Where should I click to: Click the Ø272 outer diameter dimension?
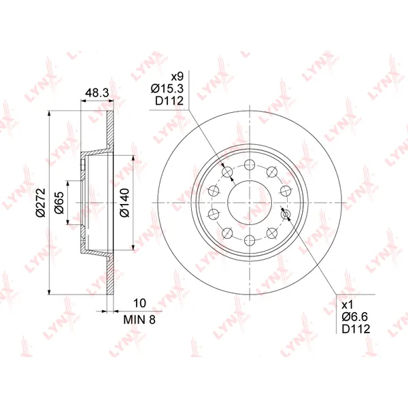[41, 203]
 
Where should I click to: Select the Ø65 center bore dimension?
[59, 203]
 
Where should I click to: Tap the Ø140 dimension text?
[124, 203]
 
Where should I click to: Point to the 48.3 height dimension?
[97, 93]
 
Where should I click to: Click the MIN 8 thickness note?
[139, 320]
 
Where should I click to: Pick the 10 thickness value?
[139, 303]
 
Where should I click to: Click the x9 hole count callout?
[177, 76]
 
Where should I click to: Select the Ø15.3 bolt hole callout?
[167, 88]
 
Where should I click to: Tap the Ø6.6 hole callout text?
[355, 317]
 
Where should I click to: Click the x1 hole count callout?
[347, 305]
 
